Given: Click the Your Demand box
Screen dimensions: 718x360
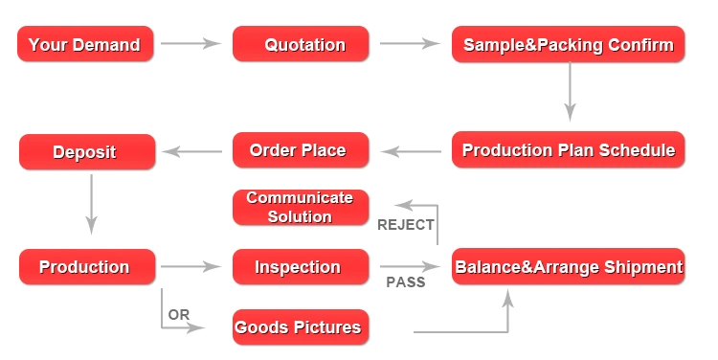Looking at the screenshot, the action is [x=85, y=44].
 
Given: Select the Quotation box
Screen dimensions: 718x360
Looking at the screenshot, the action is [x=301, y=44].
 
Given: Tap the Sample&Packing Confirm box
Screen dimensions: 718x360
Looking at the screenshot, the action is [x=569, y=44].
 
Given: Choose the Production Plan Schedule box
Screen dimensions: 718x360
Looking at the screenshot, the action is [x=569, y=149].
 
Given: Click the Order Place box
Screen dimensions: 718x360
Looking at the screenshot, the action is [x=301, y=149].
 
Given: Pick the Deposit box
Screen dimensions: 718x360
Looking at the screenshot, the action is [x=87, y=151].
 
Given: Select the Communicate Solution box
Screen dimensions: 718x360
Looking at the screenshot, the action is [x=301, y=208].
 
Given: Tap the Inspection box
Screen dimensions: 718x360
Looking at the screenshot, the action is [x=301, y=266].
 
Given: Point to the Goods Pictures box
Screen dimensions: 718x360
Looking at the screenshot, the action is [x=301, y=327].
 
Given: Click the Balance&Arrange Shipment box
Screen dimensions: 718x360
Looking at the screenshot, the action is [x=569, y=266].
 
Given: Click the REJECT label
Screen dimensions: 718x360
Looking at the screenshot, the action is [x=405, y=225].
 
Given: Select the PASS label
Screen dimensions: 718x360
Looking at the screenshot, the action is [x=406, y=282].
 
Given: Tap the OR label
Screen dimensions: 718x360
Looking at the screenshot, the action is [x=179, y=315].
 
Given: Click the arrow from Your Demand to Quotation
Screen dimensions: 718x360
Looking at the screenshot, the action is [x=191, y=43].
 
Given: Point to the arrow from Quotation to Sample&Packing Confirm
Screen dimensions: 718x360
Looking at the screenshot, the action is [x=410, y=43].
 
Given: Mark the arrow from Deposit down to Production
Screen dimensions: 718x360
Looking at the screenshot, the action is [x=92, y=204].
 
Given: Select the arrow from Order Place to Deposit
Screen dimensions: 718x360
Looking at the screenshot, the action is [x=192, y=151].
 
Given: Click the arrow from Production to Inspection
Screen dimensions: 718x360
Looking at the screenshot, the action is [x=191, y=266].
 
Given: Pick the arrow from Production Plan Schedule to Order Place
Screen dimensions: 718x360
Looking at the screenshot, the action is [x=412, y=151].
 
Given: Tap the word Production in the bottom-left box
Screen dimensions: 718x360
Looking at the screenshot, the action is [x=84, y=266].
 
